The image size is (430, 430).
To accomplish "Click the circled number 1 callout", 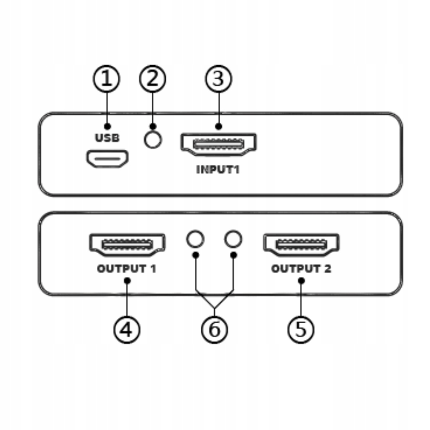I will [x=107, y=79].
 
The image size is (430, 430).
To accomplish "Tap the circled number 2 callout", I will [x=152, y=79].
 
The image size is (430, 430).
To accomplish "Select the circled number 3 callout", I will [x=218, y=79].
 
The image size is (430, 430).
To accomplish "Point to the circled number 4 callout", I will [x=127, y=329].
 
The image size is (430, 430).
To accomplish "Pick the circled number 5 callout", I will [x=301, y=329].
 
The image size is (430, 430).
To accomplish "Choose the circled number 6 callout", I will [x=214, y=329].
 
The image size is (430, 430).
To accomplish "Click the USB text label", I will [x=107, y=138].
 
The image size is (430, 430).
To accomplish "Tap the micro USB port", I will [x=107, y=159].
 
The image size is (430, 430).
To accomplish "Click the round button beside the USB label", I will [x=152, y=140].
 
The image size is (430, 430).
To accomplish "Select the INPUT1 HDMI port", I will [x=219, y=144].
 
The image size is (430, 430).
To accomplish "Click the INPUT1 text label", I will [x=218, y=169].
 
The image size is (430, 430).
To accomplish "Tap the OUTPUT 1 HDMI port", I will [x=127, y=244].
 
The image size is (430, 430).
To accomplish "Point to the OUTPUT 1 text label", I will [x=127, y=269].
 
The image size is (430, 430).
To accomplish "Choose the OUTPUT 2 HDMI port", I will [x=301, y=244].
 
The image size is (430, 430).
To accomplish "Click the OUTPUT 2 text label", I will [x=301, y=269].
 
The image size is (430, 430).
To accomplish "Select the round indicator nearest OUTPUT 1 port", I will [x=195, y=239].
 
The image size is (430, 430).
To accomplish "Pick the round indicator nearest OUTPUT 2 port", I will [x=233, y=239].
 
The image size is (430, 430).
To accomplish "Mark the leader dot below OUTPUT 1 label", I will [x=127, y=281].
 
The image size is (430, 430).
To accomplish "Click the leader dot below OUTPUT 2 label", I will [x=301, y=281].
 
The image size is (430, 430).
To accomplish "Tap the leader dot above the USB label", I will [x=107, y=126].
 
